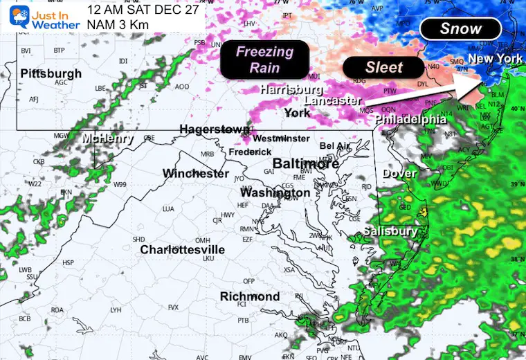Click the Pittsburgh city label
coord(51,73)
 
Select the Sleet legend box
coord(383,67)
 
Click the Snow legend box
coord(460,28)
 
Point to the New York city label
coord(495,60)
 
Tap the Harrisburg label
coord(291,90)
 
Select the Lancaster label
coord(332,101)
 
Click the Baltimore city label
coord(306,163)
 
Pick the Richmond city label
coord(250,296)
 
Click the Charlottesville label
coord(183,249)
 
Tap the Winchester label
coord(195,173)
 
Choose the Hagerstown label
coord(215,129)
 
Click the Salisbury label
coord(391,231)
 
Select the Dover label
coord(399,173)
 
